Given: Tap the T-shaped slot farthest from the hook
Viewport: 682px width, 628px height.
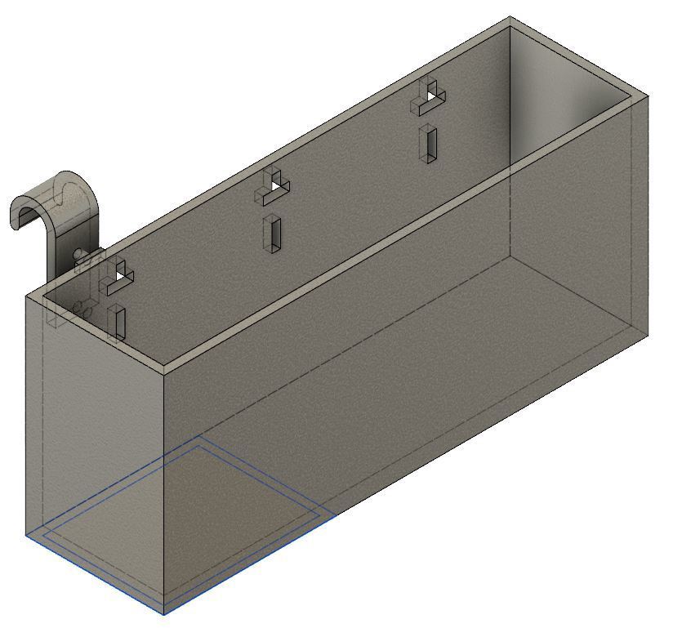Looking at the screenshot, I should click(x=430, y=98).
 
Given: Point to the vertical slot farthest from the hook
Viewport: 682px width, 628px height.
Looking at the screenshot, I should click(x=428, y=143).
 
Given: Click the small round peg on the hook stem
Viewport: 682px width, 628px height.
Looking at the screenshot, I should click(x=78, y=255).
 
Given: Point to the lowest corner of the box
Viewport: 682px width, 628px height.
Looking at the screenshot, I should click(x=164, y=612).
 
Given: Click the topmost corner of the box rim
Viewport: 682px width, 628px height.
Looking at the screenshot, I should click(x=510, y=18).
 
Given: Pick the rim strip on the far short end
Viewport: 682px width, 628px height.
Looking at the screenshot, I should click(x=576, y=59).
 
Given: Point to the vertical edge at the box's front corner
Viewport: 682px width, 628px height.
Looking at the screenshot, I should click(x=164, y=490).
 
